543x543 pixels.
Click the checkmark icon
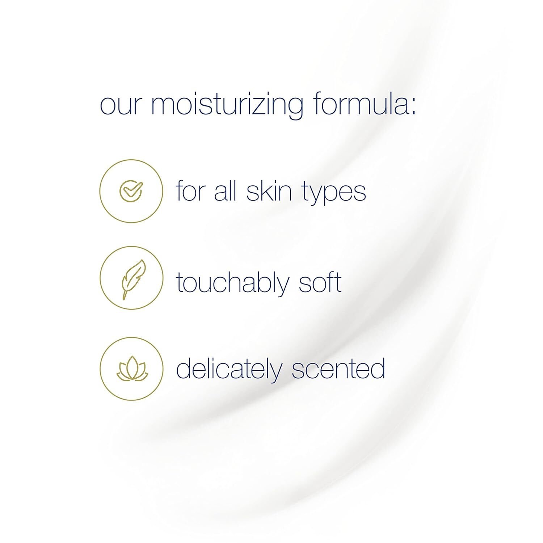(x=131, y=191)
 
